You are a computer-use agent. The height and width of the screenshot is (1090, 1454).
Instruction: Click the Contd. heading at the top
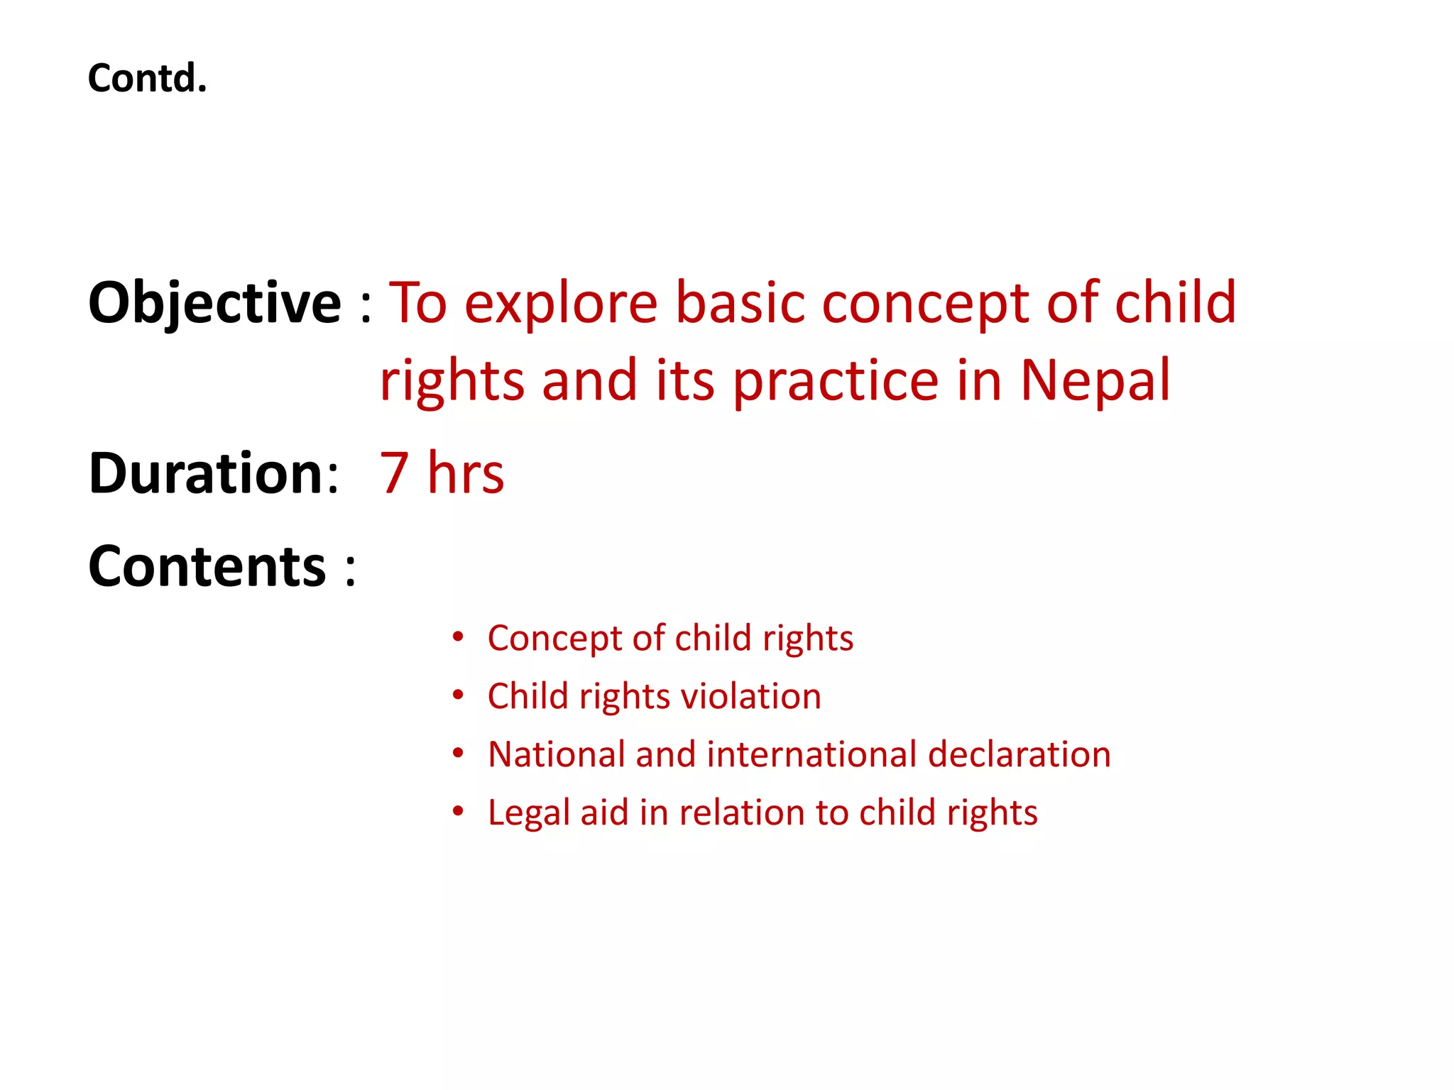pos(147,78)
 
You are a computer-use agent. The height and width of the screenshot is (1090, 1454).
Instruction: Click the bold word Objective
pos(214,304)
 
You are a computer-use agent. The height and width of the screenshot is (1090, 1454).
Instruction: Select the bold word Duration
pos(207,473)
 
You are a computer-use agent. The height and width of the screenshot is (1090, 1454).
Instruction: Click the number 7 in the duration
pos(395,473)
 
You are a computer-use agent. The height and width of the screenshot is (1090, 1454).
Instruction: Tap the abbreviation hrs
pos(466,473)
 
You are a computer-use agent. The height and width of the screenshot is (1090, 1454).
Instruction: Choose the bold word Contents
pos(207,566)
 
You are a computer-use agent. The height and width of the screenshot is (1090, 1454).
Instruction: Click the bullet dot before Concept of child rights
pos(459,637)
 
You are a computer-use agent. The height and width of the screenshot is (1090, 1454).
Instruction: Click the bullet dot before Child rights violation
pos(459,695)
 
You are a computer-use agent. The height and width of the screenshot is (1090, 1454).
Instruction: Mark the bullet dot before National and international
pos(459,753)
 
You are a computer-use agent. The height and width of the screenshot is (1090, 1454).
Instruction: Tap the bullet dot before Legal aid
pos(459,811)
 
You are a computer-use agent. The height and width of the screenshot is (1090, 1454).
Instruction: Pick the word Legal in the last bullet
pos(529,813)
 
